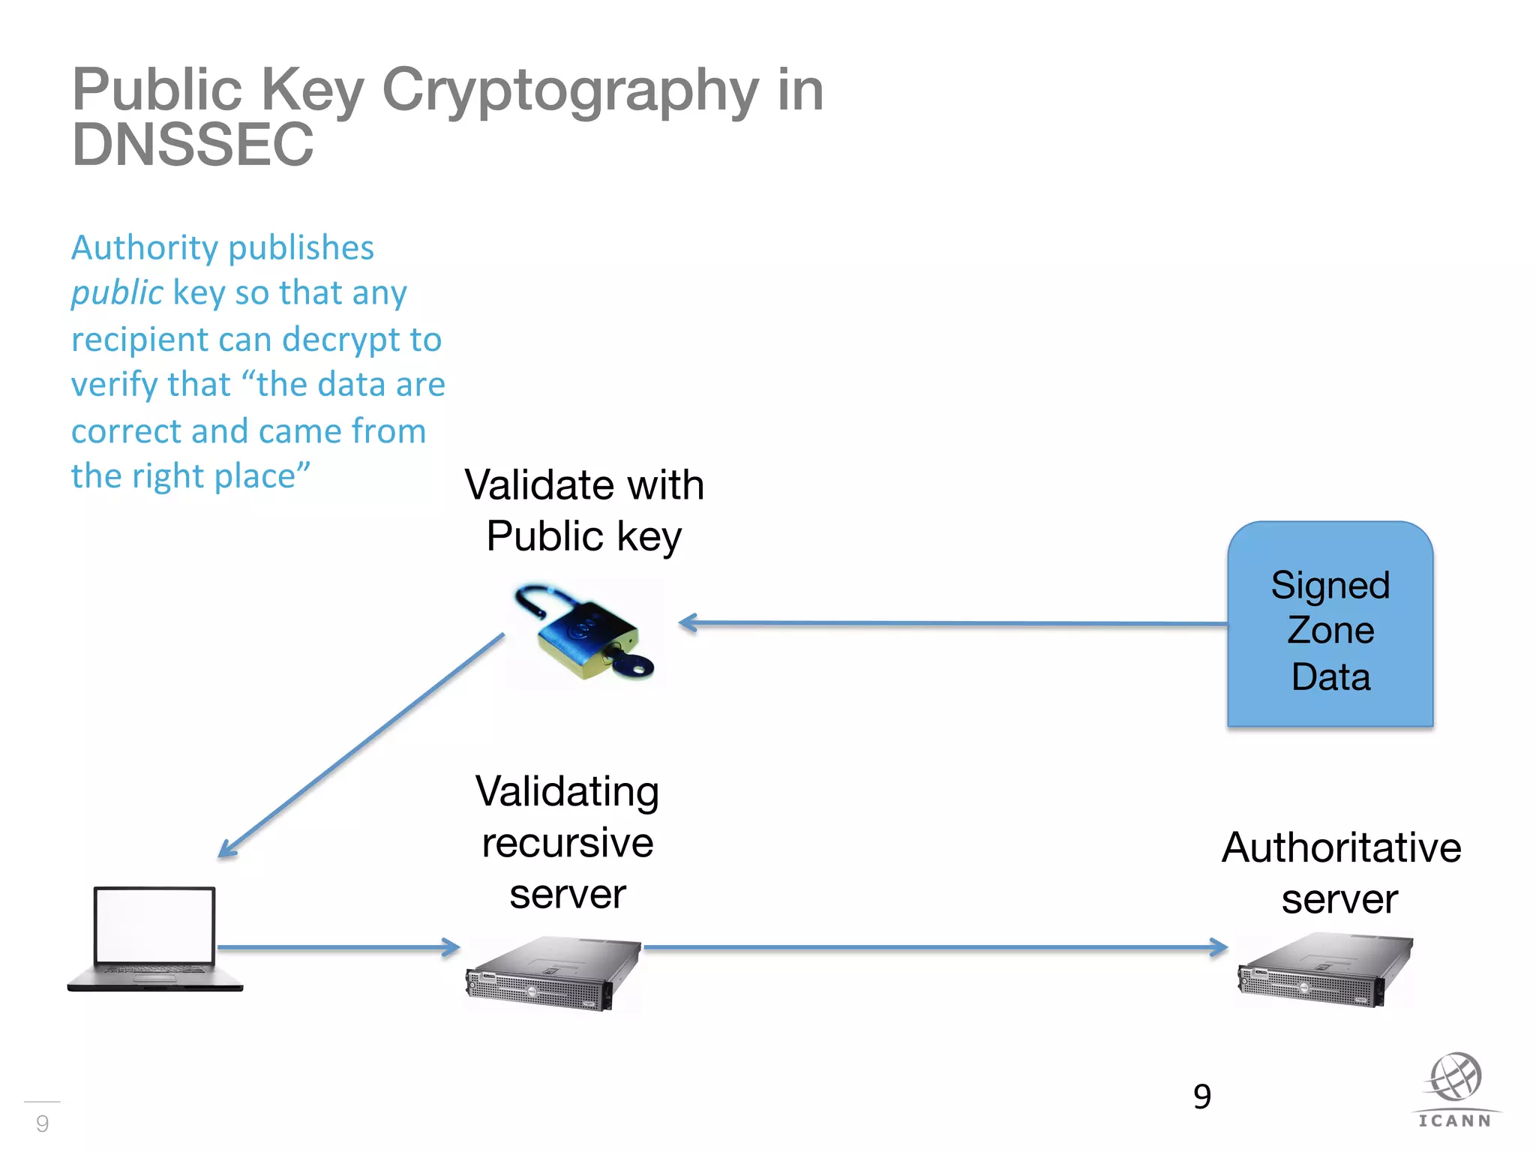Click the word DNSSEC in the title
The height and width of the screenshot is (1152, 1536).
pyautogui.click(x=193, y=145)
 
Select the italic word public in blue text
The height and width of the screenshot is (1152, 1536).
pyautogui.click(x=116, y=292)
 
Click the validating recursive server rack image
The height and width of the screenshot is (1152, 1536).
pyautogui.click(x=553, y=973)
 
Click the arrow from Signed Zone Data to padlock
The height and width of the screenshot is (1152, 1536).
pyautogui.click(x=952, y=623)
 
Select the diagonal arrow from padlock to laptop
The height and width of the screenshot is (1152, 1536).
pyautogui.click(x=360, y=746)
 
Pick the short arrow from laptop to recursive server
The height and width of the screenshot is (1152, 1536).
pyautogui.click(x=337, y=947)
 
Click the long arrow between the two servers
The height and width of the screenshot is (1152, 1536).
pyautogui.click(x=934, y=947)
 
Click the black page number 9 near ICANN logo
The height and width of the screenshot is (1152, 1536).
pyautogui.click(x=1201, y=1096)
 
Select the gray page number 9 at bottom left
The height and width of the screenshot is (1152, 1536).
pyautogui.click(x=43, y=1123)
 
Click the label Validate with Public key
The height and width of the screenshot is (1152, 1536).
pyautogui.click(x=584, y=510)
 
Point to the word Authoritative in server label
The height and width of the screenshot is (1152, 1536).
pyautogui.click(x=1341, y=847)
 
